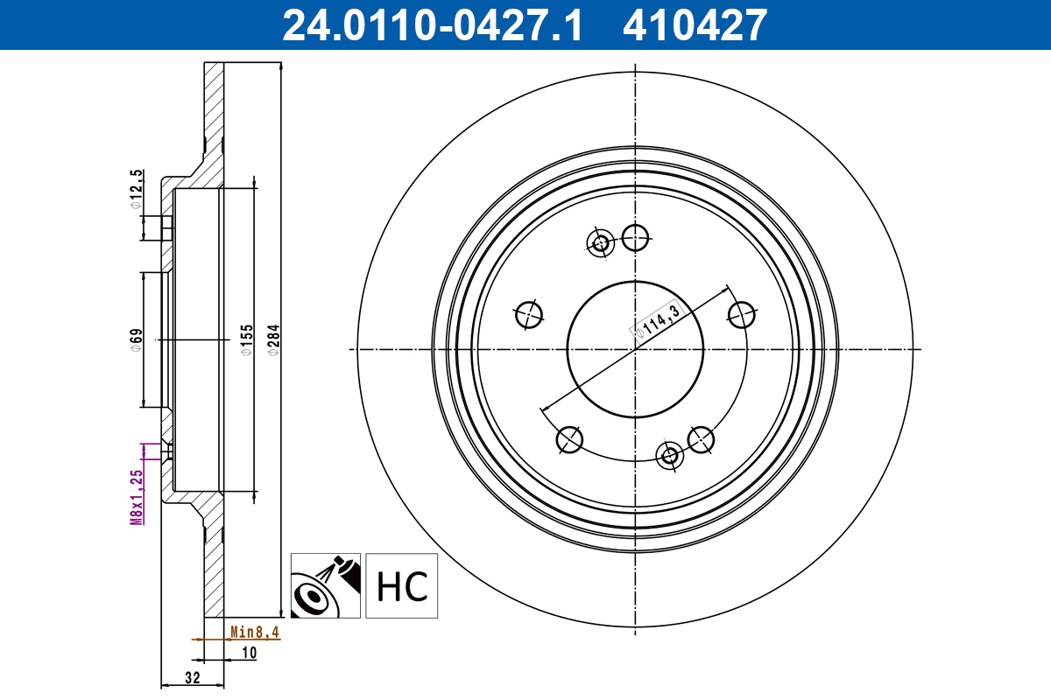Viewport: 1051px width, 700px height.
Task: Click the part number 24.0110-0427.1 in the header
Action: [431, 25]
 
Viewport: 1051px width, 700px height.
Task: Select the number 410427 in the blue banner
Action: [694, 25]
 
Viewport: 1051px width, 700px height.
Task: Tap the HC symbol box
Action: [401, 585]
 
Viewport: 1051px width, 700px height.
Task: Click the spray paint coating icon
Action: [325, 585]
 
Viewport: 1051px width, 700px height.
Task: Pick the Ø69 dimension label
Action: [136, 339]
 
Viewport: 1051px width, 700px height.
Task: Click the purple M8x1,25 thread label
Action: [136, 496]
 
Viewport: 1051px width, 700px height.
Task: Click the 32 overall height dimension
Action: [193, 677]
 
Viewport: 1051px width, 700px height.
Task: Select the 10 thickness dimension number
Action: [249, 652]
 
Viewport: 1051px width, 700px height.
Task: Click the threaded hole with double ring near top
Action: [601, 243]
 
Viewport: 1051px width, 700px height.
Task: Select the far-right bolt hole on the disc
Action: [742, 314]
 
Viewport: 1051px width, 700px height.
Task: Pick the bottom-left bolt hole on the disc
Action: [569, 438]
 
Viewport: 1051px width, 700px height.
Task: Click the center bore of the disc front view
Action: [635, 348]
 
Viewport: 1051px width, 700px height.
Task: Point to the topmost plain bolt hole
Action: [635, 234]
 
